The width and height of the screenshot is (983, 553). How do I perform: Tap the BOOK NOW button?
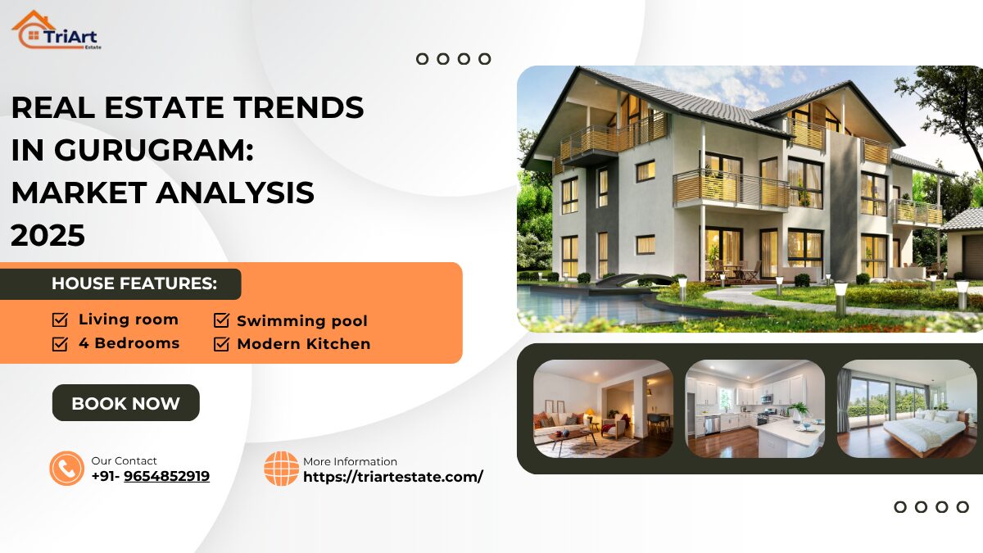pyautogui.click(x=125, y=403)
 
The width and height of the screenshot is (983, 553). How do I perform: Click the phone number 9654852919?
pyautogui.click(x=166, y=476)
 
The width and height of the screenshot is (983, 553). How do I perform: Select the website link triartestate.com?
pyautogui.click(x=393, y=476)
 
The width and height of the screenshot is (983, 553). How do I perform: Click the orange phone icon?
pyautogui.click(x=66, y=469)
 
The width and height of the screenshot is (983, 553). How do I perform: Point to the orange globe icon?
pyautogui.click(x=281, y=469)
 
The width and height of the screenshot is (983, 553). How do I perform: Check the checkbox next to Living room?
pyautogui.click(x=60, y=320)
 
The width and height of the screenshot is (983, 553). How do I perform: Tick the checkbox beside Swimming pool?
pyautogui.click(x=221, y=320)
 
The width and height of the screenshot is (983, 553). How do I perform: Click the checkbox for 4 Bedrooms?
pyautogui.click(x=60, y=343)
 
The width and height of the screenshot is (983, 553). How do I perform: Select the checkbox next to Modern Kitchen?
pyautogui.click(x=221, y=344)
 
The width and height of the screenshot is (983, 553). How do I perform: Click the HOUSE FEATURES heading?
pyautogui.click(x=134, y=284)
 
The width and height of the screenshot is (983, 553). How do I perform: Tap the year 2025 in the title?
pyautogui.click(x=48, y=236)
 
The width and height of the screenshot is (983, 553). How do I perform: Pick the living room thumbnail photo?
pyautogui.click(x=603, y=408)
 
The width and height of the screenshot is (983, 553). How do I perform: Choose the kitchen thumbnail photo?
pyautogui.click(x=754, y=408)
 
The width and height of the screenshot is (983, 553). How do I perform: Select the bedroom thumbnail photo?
pyautogui.click(x=907, y=408)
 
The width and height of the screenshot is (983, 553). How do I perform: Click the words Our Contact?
pyautogui.click(x=124, y=461)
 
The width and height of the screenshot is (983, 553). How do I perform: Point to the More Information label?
pyautogui.click(x=350, y=462)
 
